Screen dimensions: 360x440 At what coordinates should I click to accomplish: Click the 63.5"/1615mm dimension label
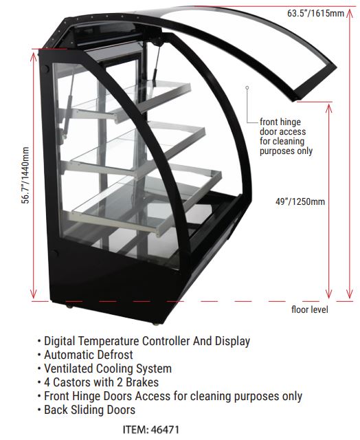tap(315, 13)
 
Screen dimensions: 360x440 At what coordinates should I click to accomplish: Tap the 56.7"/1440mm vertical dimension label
tap(25, 175)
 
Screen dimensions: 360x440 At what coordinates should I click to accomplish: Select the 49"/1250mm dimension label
tap(300, 201)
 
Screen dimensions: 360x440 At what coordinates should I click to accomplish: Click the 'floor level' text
tap(310, 309)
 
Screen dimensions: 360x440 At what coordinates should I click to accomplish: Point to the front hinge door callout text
tap(286, 136)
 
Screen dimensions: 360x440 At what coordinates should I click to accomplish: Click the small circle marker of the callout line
tap(247, 88)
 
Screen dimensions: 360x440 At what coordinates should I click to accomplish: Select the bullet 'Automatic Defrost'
tap(85, 355)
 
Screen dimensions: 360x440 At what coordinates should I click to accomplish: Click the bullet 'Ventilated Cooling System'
tap(104, 368)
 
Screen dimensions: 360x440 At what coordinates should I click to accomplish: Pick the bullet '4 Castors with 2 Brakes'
tap(98, 382)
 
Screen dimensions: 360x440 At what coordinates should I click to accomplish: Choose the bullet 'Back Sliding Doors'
tap(87, 410)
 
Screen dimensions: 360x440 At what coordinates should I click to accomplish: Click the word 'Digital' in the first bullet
tap(60, 341)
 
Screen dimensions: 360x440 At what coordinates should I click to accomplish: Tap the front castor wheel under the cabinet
tap(155, 324)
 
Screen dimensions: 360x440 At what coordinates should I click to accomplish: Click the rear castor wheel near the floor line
tap(69, 306)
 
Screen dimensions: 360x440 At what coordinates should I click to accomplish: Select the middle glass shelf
tap(135, 148)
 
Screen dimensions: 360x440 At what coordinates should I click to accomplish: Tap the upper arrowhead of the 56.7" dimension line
tap(34, 56)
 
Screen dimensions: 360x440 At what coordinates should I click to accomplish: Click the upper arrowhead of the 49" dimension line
tap(328, 107)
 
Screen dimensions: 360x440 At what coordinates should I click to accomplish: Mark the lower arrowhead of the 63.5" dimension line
tap(349, 294)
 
